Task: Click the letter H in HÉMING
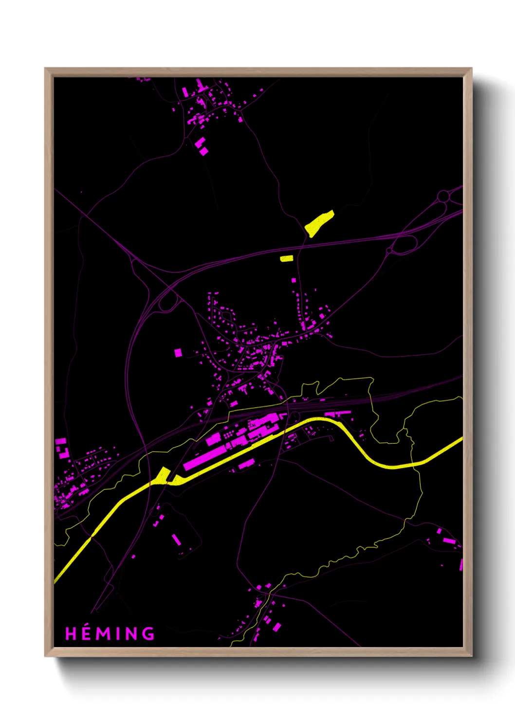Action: click(x=71, y=634)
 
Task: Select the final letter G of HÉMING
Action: click(x=148, y=634)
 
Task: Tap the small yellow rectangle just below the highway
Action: click(x=286, y=258)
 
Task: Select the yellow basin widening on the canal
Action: click(x=162, y=475)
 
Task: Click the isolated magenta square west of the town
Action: click(x=178, y=352)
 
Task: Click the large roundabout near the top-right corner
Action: click(x=443, y=196)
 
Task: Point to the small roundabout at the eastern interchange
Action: click(x=389, y=251)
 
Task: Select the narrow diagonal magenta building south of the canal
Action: click(x=176, y=539)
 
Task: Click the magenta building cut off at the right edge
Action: click(x=460, y=564)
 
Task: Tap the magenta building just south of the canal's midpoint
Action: click(x=246, y=463)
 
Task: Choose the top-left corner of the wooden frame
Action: click(x=45, y=69)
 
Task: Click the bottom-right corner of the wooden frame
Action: click(x=471, y=655)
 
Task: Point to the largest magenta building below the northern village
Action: click(x=203, y=151)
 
